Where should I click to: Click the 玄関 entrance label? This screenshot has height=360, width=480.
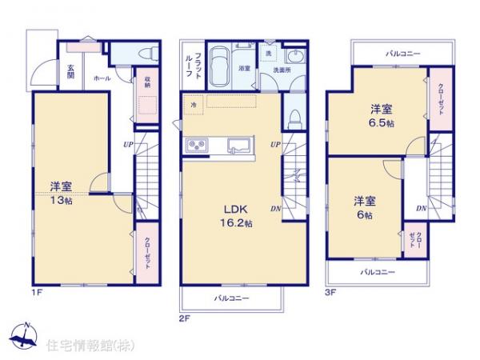tap(70, 70)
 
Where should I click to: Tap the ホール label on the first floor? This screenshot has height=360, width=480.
tap(102, 78)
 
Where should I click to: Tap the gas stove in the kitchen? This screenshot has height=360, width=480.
tap(197, 146)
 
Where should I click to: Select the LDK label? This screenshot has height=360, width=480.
tap(233, 210)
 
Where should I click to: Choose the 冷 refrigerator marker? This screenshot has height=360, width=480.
tap(193, 105)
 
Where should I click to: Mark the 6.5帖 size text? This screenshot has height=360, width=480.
tap(380, 124)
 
